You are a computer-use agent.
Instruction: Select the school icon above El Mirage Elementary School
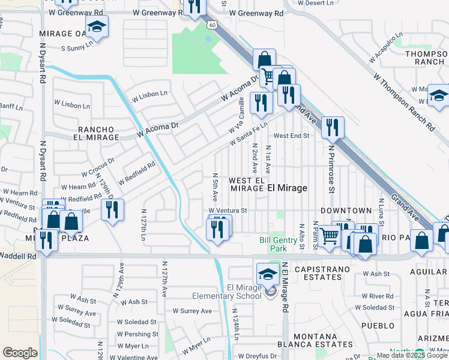tap(268, 275)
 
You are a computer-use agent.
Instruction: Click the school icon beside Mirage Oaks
tap(96, 27)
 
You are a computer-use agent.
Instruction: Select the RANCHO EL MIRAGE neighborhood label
tap(98, 133)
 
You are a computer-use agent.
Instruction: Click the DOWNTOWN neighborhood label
tap(346, 211)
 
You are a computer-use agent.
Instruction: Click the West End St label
tap(292, 136)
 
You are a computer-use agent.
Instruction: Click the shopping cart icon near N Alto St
tap(328, 236)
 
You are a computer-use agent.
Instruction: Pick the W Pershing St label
tap(137, 334)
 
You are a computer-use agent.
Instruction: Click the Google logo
tap(20, 353)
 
